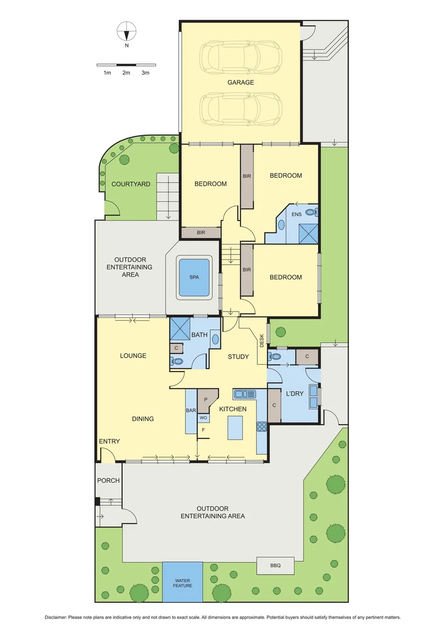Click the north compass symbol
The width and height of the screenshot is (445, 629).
126,30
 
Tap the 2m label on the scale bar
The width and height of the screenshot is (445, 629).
126,73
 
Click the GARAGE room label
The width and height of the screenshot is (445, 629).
241,83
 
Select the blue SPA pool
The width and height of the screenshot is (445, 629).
194,277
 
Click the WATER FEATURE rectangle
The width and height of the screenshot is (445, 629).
182,582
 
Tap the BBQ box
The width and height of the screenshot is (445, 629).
276,566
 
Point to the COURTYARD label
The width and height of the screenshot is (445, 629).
131,184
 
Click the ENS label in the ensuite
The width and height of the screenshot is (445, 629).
296,214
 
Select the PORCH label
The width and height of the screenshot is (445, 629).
108,480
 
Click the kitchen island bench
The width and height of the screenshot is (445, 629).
235,427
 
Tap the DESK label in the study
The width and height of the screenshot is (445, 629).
262,340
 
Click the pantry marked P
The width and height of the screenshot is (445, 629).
206,400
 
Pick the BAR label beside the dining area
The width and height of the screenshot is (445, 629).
190,411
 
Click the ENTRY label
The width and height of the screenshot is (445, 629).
109,441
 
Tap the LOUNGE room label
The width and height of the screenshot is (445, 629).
133,356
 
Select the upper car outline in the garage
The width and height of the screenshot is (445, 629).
241,57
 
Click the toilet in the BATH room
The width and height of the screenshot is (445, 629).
177,362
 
